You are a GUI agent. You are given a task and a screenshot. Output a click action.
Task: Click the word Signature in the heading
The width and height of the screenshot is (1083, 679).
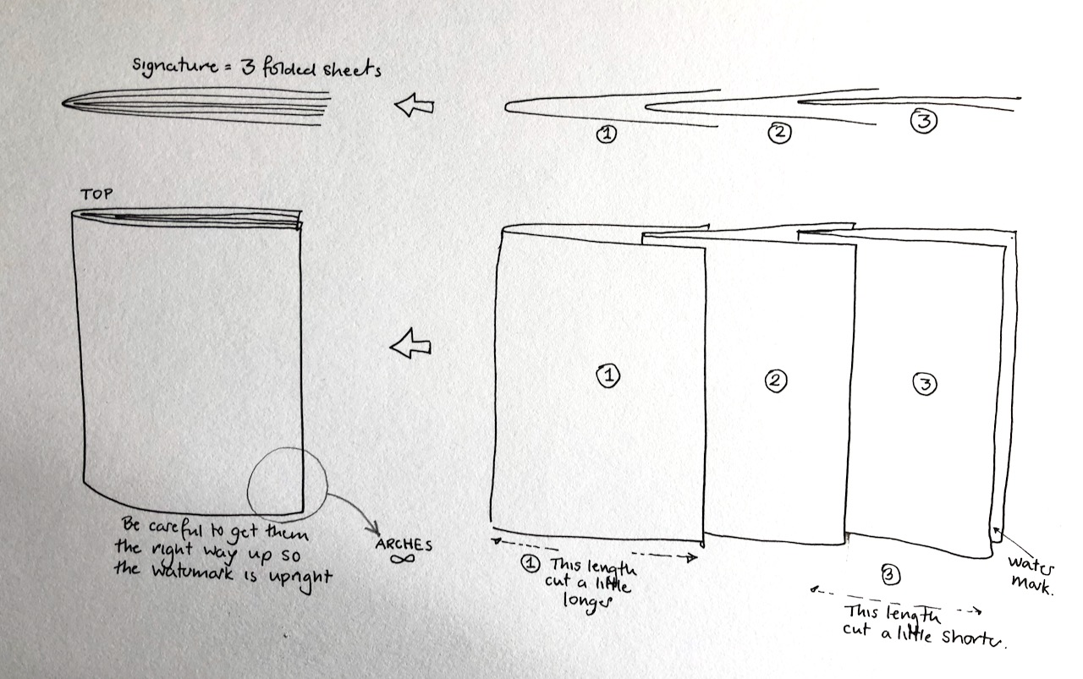pos(175,66)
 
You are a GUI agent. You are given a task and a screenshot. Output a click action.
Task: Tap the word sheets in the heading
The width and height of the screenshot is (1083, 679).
pos(352,68)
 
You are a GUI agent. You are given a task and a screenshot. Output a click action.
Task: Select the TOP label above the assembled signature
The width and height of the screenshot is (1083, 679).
pos(96,194)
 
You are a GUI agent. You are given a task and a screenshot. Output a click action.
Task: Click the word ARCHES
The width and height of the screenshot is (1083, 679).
pos(404,545)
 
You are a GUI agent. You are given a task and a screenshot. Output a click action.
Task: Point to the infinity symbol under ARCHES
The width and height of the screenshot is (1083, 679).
pos(402,559)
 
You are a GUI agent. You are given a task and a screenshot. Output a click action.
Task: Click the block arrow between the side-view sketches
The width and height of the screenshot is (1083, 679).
pos(415,105)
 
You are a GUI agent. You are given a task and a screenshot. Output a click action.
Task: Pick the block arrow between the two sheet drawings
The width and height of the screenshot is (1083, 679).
pos(410,343)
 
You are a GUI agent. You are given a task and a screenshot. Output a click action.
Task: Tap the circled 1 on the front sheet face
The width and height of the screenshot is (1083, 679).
pos(608,375)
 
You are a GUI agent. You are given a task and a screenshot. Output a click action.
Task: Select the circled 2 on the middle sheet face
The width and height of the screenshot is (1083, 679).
pos(776,381)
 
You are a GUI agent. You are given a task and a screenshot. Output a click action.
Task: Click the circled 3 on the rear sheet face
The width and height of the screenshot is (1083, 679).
pos(925,384)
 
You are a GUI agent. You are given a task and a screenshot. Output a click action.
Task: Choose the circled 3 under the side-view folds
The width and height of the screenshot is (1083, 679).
pos(924,121)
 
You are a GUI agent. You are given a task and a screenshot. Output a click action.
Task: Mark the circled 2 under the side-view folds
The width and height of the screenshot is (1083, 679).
pos(780,132)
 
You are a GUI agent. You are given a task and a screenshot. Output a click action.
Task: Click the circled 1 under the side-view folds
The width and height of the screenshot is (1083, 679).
pos(607,134)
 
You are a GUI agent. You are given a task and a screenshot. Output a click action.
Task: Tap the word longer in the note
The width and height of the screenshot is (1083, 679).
pos(587,602)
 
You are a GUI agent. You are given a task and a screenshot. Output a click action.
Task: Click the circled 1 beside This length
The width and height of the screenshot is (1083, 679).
pos(531,563)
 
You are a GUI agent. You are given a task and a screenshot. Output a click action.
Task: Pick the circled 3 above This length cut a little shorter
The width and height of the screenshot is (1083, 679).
pos(891,575)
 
